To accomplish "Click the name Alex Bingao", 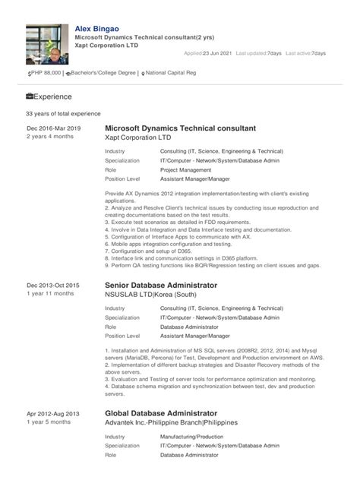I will tap(96, 28).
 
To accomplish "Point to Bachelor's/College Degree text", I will tap(102, 72).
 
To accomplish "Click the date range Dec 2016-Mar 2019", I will tap(53, 129).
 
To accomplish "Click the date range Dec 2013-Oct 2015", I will tap(53, 285).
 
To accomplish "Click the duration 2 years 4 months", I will tap(50, 137).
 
